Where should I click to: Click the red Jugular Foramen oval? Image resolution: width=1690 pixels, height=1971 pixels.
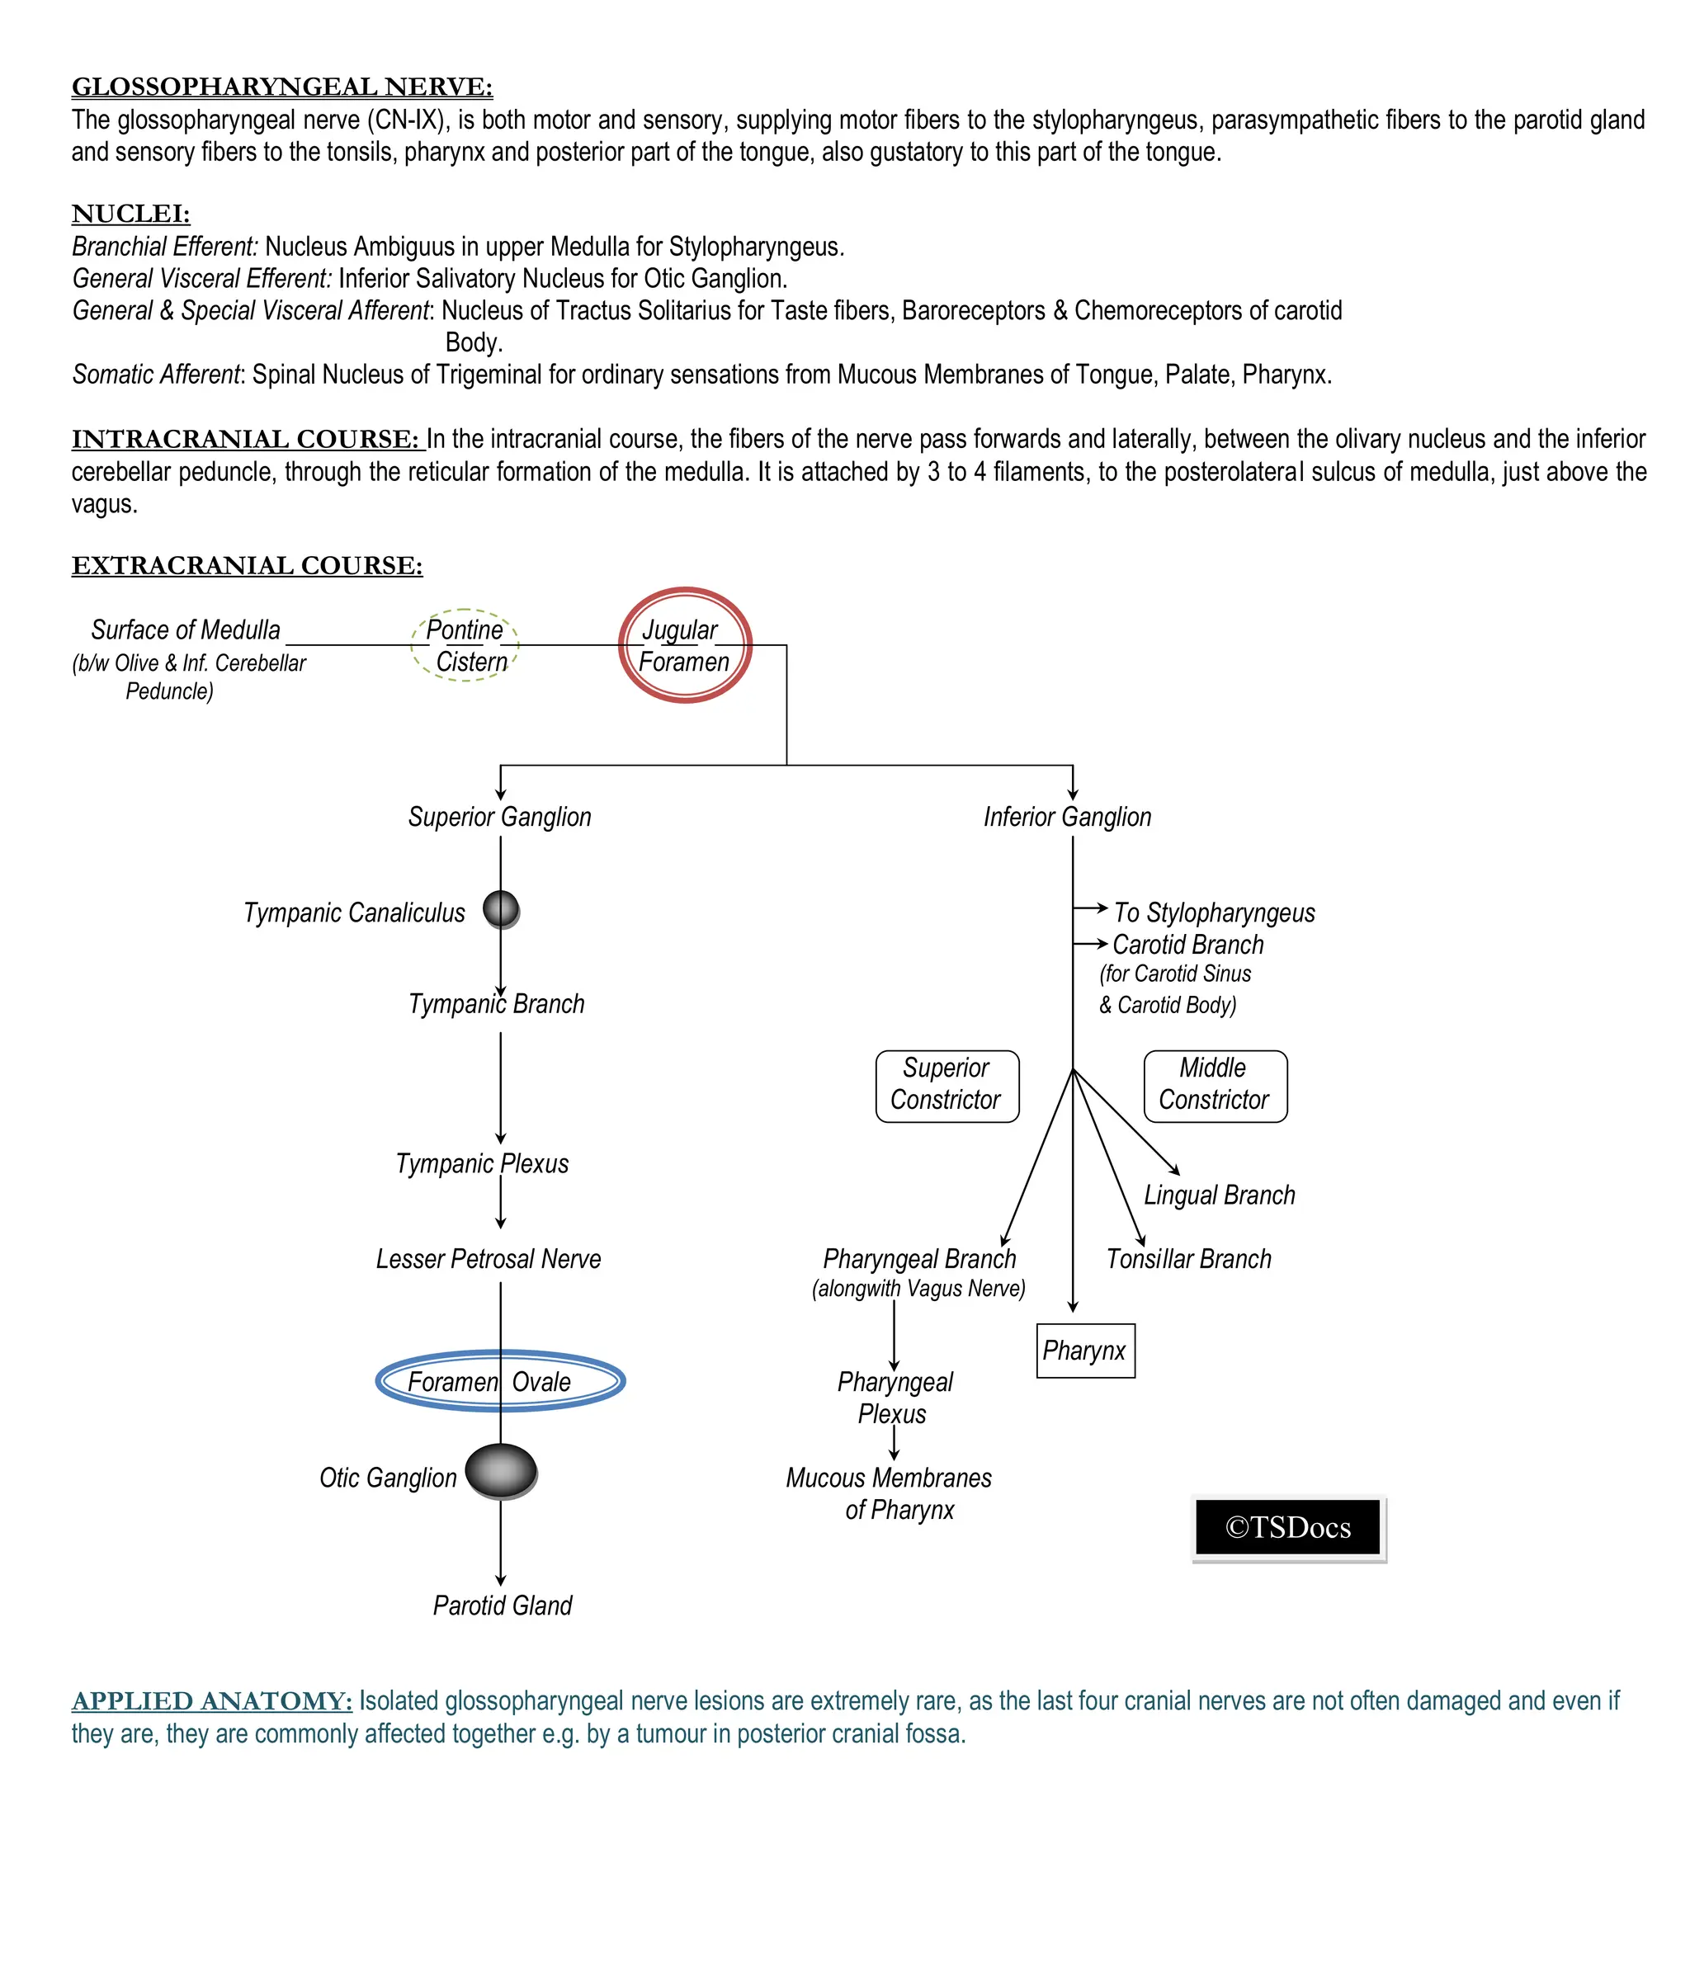(x=684, y=645)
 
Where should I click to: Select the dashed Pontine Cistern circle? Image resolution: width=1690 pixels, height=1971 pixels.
(x=465, y=645)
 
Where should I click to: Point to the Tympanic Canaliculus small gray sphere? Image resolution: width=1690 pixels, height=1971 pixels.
(x=501, y=908)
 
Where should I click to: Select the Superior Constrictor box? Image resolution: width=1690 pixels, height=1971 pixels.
(x=946, y=1086)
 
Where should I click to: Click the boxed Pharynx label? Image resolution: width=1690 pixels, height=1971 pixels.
(x=1085, y=1350)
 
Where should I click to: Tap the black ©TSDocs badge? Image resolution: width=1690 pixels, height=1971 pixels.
(x=1287, y=1527)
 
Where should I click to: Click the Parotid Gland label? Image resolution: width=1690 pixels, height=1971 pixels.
(x=503, y=1606)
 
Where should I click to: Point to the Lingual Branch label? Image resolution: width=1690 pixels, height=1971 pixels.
(x=1219, y=1195)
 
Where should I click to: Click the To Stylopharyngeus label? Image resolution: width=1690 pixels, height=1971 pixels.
(x=1214, y=912)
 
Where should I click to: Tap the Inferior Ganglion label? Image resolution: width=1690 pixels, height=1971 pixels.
(x=1067, y=816)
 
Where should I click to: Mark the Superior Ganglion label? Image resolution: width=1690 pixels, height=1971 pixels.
(x=499, y=816)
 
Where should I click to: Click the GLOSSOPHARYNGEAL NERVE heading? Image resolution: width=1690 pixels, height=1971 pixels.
(x=281, y=87)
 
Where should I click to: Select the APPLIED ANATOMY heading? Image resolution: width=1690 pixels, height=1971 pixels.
(x=211, y=1701)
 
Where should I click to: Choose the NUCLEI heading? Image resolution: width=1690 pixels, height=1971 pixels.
(x=130, y=213)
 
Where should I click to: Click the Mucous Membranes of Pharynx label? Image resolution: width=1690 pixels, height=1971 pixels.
(x=889, y=1493)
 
